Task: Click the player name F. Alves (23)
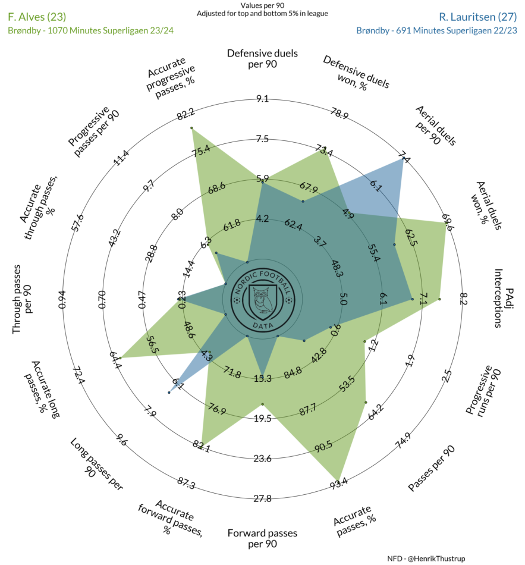pos(37,17)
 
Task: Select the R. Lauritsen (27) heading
pos(478,17)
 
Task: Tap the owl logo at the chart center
pos(263,299)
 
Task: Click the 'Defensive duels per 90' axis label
pos(262,59)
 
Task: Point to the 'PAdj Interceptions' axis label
pos(504,298)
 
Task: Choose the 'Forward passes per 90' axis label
pos(262,538)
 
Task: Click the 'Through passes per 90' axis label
pos(23,299)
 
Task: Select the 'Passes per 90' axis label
pos(431,468)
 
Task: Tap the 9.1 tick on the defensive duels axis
pos(262,99)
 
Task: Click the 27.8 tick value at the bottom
pos(262,498)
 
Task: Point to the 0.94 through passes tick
pos(62,299)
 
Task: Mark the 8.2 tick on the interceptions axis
pos(463,299)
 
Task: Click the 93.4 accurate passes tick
pos(339,484)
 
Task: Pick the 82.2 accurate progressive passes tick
pos(186,114)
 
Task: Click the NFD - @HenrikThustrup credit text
pos(426,558)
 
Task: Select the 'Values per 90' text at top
pos(262,5)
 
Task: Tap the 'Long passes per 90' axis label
pos(96,464)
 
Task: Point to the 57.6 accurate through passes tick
pos(78,223)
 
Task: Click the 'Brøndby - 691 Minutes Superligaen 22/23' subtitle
pos(437,30)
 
